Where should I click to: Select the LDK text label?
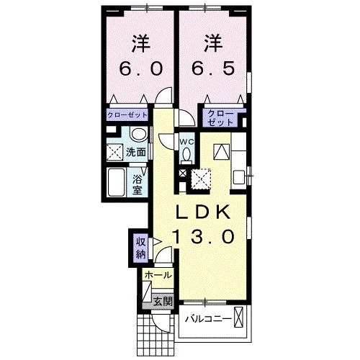click(x=204, y=212)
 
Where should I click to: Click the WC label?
click(x=186, y=141)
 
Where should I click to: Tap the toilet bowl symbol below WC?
click(x=186, y=154)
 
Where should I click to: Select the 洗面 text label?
click(x=136, y=153)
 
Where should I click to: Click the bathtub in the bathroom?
click(x=117, y=183)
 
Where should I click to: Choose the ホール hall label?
click(x=158, y=276)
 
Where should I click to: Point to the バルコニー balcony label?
click(x=207, y=318)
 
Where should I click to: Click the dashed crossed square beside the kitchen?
click(x=201, y=176)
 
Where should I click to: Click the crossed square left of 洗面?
click(x=114, y=152)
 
